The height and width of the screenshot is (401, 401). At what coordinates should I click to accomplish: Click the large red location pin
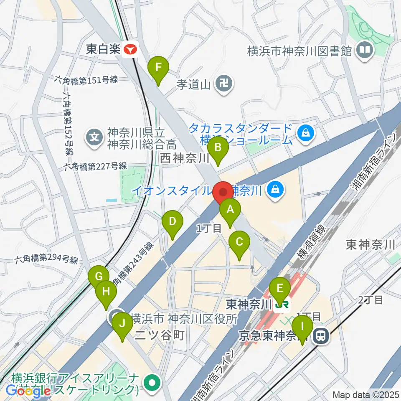pyautogui.click(x=223, y=193)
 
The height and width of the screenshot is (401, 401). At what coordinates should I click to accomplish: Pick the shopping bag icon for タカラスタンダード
pyautogui.click(x=306, y=133)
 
